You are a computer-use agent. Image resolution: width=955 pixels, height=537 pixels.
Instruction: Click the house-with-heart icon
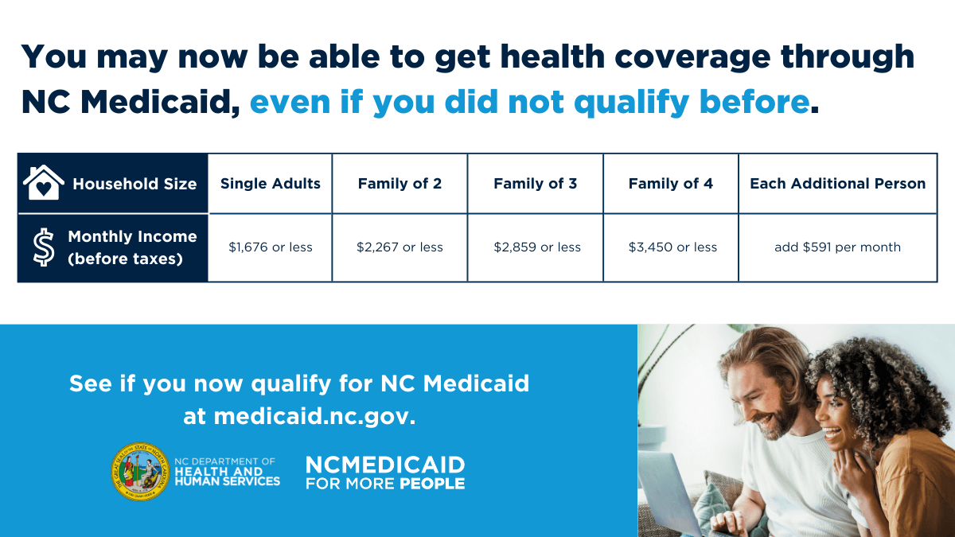point(44,183)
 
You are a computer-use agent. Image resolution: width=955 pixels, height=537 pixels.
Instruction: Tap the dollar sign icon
point(44,247)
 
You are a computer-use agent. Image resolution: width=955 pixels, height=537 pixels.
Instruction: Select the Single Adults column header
point(271,184)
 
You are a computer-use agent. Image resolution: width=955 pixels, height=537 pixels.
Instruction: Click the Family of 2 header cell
point(400,184)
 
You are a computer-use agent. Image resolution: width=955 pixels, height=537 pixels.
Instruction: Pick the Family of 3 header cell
point(535,184)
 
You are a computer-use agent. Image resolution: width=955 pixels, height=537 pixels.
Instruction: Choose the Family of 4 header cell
point(671,184)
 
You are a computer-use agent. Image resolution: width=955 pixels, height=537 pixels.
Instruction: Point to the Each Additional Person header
point(837,184)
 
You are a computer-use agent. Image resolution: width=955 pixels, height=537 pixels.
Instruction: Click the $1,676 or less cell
point(271,247)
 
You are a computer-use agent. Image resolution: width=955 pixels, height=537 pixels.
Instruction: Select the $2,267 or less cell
point(400,247)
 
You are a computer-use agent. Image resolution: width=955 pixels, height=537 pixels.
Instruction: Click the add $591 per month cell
point(837,247)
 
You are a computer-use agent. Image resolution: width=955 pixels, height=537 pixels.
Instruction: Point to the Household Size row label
point(134,184)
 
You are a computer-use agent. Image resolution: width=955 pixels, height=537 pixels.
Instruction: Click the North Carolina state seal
point(140,472)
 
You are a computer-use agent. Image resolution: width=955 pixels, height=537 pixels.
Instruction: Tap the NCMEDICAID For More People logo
point(385,473)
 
